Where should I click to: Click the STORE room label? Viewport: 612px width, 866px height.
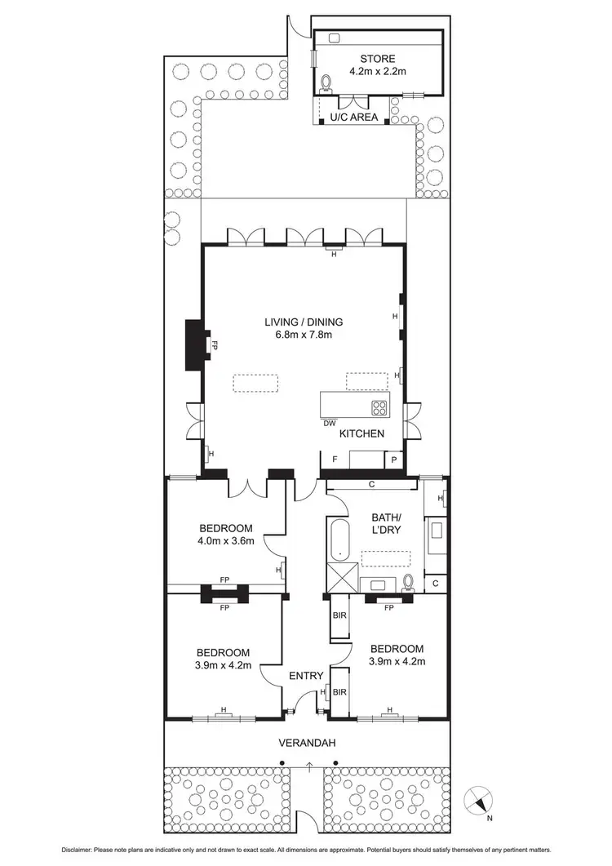(378, 59)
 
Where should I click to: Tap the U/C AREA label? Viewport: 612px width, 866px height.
(353, 118)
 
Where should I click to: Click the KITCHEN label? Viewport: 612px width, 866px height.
(361, 433)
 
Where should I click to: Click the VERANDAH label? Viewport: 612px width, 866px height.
(307, 742)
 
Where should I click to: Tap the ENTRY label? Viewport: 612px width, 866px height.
(306, 676)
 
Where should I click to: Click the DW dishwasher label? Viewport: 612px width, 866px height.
(329, 423)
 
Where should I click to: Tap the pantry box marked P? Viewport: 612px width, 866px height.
(394, 460)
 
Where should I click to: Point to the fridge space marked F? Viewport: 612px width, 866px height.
(335, 460)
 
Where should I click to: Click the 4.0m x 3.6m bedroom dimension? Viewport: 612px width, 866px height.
(224, 540)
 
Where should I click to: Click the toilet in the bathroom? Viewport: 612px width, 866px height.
(409, 582)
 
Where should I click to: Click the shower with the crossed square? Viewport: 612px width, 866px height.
(341, 578)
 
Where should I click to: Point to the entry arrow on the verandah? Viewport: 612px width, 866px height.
(309, 766)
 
